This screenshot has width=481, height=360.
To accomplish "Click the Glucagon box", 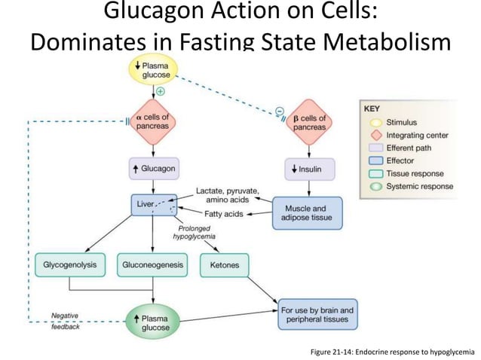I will pos(153,169).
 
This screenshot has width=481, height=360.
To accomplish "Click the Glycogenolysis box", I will pos(69,264).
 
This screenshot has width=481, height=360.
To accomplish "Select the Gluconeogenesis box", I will pos(153,264).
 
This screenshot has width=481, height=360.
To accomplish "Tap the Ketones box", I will pos(225,264).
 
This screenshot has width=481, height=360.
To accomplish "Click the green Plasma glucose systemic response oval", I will pos(153,322).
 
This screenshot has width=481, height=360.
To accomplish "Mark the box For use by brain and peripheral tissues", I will pos(317,314).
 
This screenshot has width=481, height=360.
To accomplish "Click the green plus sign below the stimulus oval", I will pos(160,92).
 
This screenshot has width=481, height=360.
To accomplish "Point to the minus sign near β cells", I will pos(279,111).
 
